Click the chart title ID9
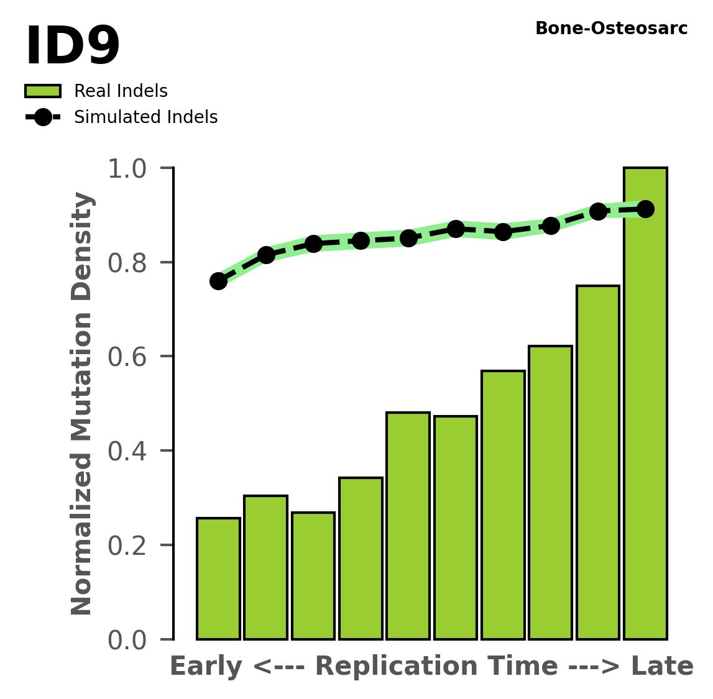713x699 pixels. point(72,47)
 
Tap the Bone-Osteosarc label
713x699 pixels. point(611,29)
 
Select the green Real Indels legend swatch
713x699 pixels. point(43,91)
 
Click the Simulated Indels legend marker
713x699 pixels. point(43,117)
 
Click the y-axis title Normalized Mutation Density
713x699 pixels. point(82,404)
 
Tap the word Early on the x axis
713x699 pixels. point(206,667)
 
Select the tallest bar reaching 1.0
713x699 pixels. point(645,404)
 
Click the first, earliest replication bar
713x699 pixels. point(218,578)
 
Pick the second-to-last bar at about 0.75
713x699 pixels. point(597,462)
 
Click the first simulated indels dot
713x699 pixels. point(218,281)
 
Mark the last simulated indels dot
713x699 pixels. point(645,209)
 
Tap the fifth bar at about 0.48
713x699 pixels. point(408,526)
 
